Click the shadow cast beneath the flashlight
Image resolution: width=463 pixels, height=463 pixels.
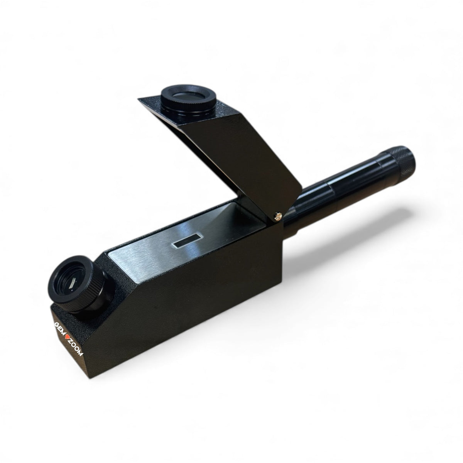[x=347, y=247]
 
